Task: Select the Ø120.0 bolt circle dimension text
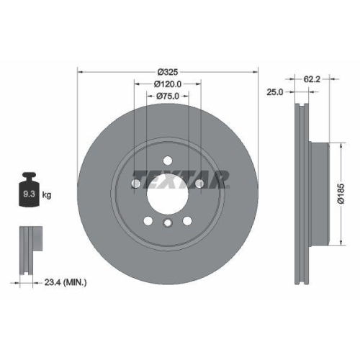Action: click(x=167, y=84)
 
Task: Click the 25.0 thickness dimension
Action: click(x=274, y=93)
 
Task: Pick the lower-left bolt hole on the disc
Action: click(x=148, y=220)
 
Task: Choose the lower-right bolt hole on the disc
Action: click(x=186, y=220)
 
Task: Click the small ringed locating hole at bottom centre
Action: click(x=167, y=224)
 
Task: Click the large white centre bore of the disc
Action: click(x=167, y=193)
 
